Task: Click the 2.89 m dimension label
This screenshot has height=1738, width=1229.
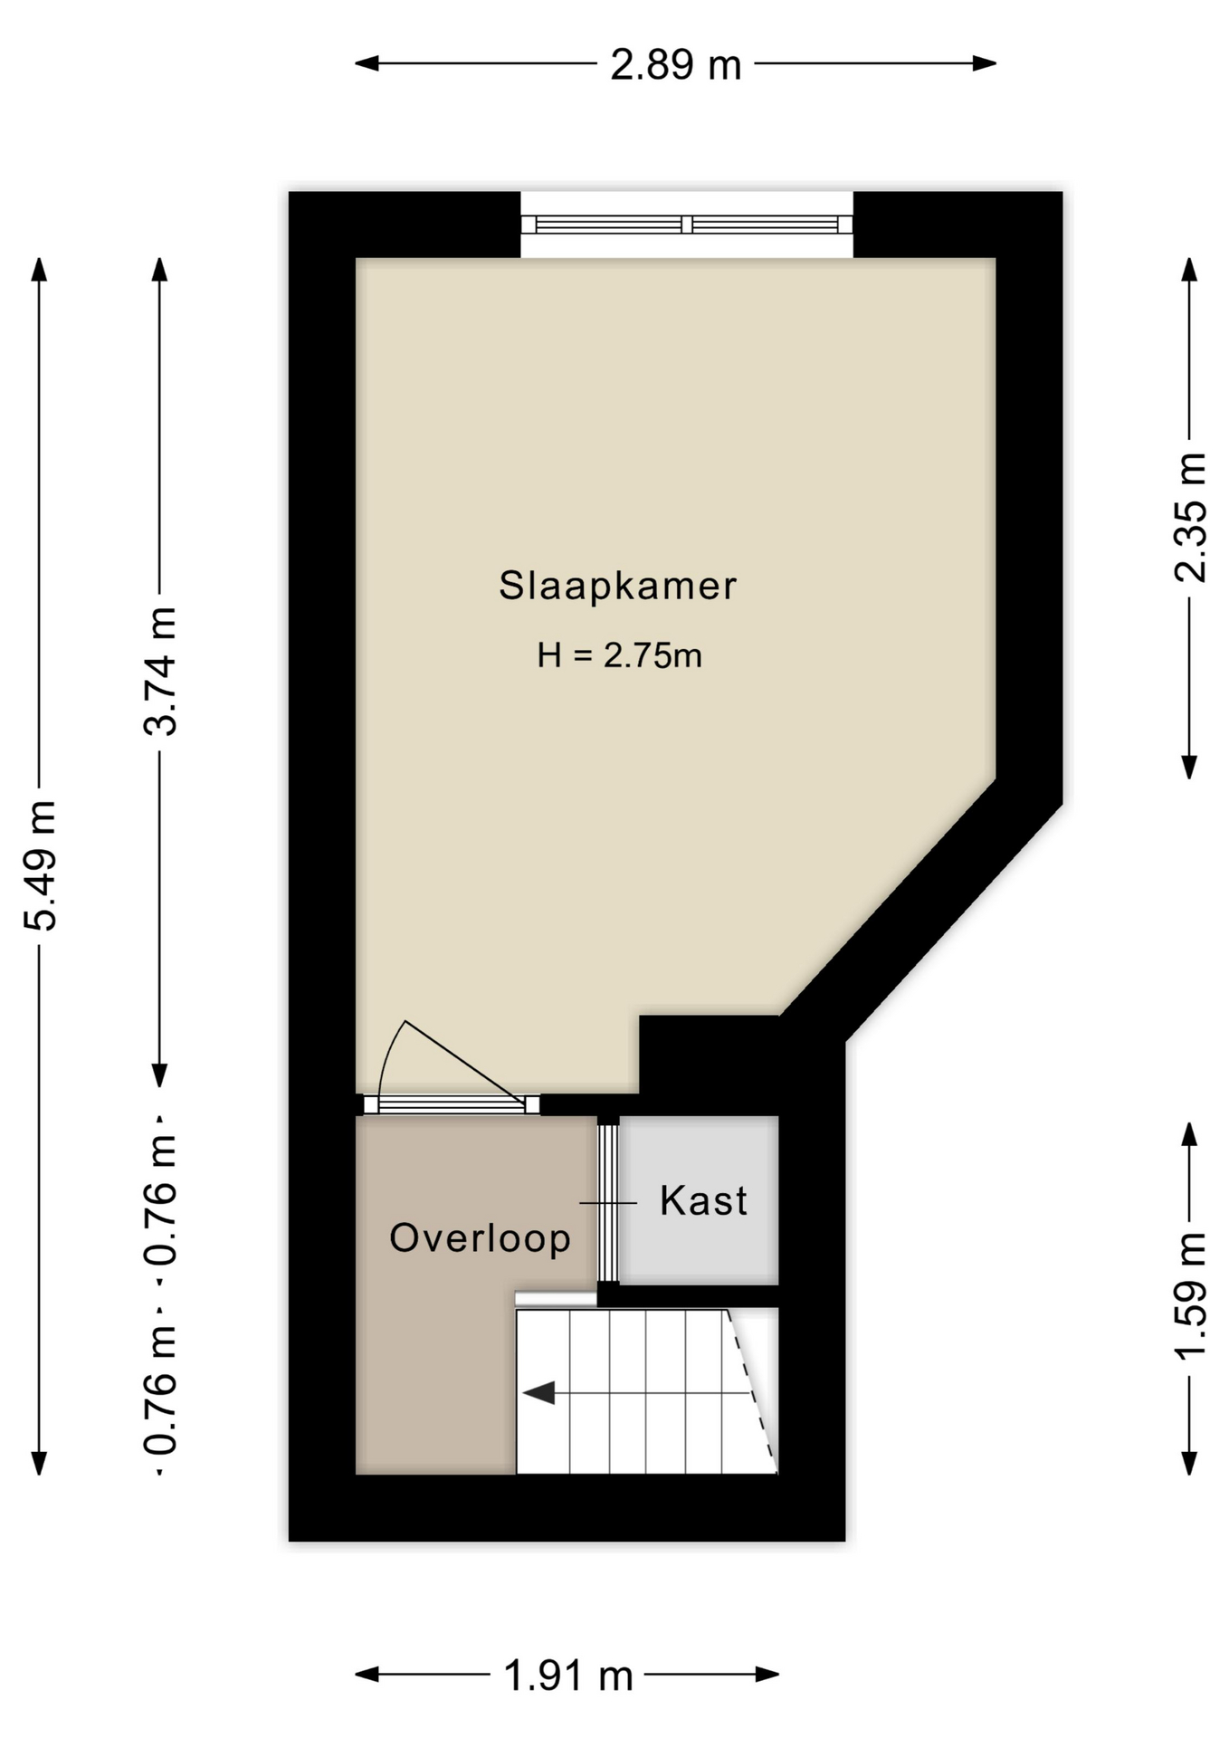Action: tap(675, 65)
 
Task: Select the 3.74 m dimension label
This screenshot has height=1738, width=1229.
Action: tap(161, 671)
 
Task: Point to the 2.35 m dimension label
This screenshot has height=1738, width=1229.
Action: tap(1190, 517)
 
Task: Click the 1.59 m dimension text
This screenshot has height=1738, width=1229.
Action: tap(1190, 1295)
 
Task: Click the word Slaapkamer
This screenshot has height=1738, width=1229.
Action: tap(618, 586)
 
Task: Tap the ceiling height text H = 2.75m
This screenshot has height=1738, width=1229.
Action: tap(619, 655)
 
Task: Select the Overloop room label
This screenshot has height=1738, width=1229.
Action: tap(480, 1238)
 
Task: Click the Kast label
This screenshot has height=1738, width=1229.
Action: tap(703, 1201)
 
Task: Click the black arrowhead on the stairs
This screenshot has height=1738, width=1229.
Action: tap(540, 1393)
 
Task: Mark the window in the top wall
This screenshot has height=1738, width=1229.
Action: tap(687, 224)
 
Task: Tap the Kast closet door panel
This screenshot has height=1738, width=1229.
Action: tap(608, 1202)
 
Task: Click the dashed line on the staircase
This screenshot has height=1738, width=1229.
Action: tap(754, 1389)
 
